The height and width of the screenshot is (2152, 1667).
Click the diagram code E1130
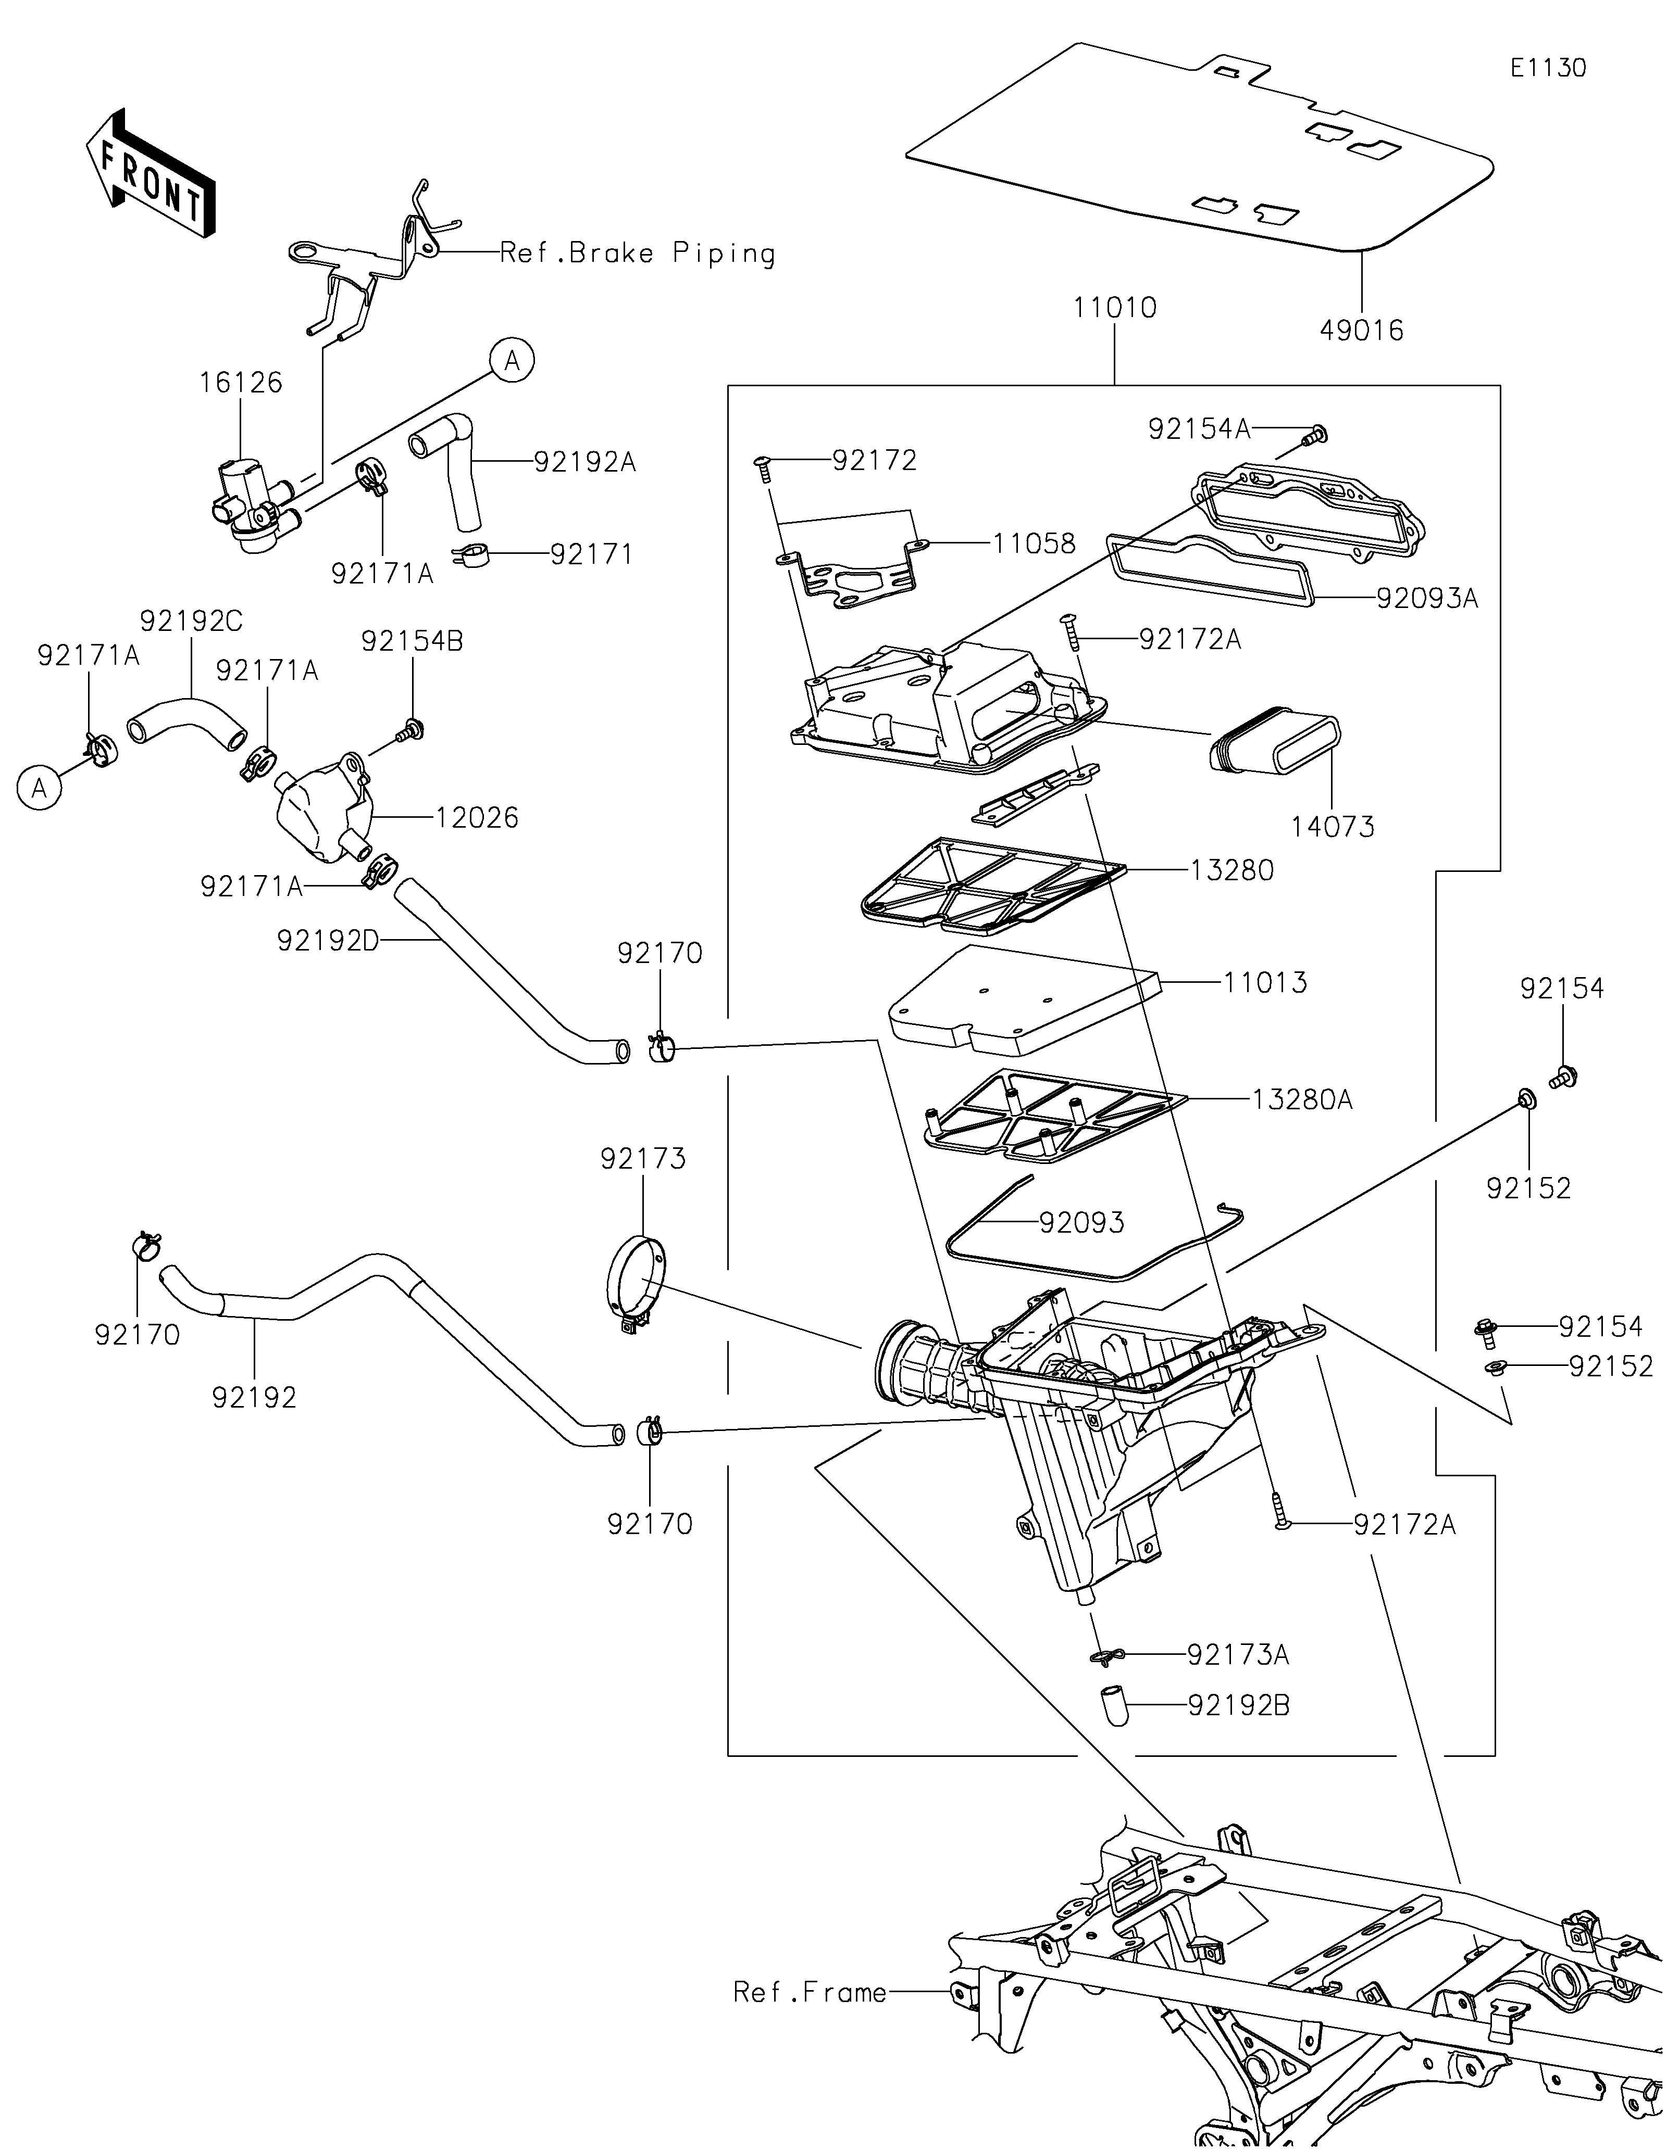pos(1548,68)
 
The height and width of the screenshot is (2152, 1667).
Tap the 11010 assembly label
pos(1115,308)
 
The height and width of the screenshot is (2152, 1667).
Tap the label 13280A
pos(1302,1099)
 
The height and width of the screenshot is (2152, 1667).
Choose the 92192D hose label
pos(328,941)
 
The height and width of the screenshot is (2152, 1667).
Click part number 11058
pos(1034,543)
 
